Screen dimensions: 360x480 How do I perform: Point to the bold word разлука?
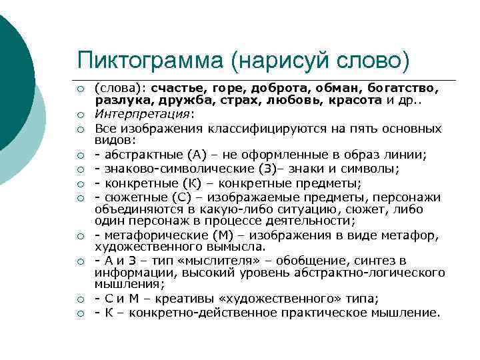pos(119,101)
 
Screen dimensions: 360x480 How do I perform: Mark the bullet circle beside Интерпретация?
pos(79,115)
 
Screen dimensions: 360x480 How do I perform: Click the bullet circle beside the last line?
pos(79,313)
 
